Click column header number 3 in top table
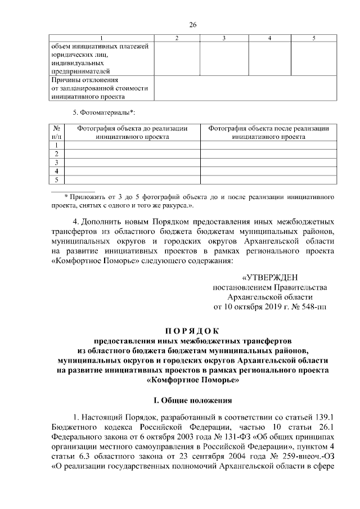(223, 38)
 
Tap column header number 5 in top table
(313, 38)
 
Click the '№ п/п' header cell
(56, 133)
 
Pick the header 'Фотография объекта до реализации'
(132, 129)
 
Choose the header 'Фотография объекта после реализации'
(268, 129)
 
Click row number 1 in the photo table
(56, 145)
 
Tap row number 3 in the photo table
(56, 162)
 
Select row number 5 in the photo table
(56, 179)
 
